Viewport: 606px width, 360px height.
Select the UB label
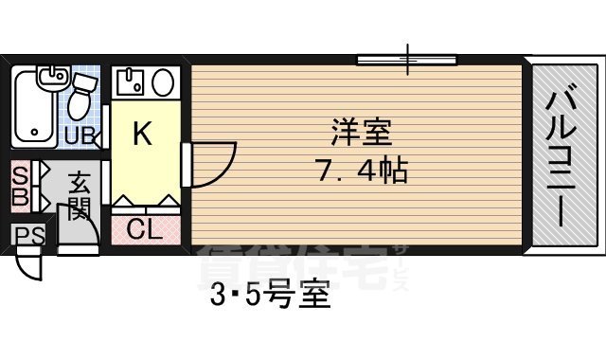(80, 135)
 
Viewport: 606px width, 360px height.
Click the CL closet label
(144, 228)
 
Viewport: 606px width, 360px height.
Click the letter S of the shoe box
(18, 175)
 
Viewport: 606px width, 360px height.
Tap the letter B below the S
(18, 199)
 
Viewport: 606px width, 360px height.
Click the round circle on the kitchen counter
(163, 81)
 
